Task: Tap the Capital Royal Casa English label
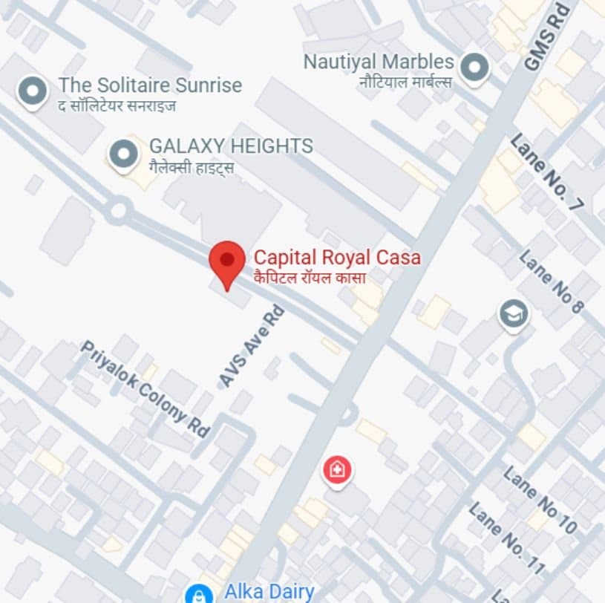pyautogui.click(x=337, y=258)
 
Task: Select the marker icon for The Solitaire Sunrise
pyautogui.click(x=32, y=92)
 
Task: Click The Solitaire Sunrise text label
pyautogui.click(x=150, y=85)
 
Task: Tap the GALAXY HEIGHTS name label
pyautogui.click(x=231, y=146)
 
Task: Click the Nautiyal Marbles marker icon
pyautogui.click(x=473, y=68)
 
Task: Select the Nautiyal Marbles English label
pyautogui.click(x=378, y=62)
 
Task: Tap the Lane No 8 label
pyautogui.click(x=551, y=281)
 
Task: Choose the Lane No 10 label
pyautogui.click(x=540, y=500)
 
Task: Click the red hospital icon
pyautogui.click(x=337, y=470)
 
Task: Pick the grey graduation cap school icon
pyautogui.click(x=513, y=313)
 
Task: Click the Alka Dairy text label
pyautogui.click(x=269, y=592)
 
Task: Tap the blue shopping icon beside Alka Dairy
pyautogui.click(x=198, y=593)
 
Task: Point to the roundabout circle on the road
pyautogui.click(x=118, y=210)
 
